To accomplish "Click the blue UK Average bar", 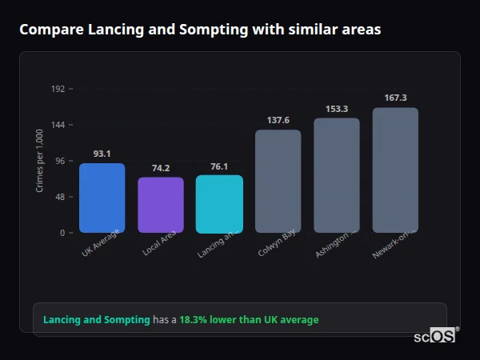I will click(x=102, y=198).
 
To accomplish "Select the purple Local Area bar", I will click(x=161, y=205).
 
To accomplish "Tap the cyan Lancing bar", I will click(x=219, y=204).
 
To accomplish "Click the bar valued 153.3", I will click(x=336, y=175).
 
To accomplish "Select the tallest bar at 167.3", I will click(x=395, y=170).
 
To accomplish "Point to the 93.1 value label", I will click(x=102, y=154).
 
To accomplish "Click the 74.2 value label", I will click(x=161, y=168).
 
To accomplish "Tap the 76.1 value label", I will click(x=219, y=166).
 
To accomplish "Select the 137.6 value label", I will click(x=278, y=120).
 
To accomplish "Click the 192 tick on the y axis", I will click(x=58, y=89).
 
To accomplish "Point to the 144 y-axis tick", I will click(x=58, y=125).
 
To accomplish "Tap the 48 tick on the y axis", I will click(x=59, y=197).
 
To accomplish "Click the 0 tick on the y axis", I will click(x=62, y=233).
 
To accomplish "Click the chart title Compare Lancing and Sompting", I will click(x=200, y=30).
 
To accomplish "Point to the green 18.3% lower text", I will click(x=248, y=320).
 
